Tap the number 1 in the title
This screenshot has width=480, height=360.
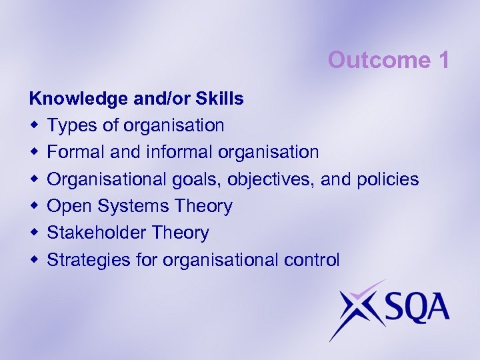tap(443, 60)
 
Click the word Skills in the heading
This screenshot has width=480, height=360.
tap(221, 99)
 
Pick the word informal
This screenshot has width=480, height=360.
tap(178, 152)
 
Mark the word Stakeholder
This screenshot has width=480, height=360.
tap(100, 233)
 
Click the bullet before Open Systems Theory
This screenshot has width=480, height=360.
tap(33, 207)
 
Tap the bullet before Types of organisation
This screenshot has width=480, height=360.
tap(33, 125)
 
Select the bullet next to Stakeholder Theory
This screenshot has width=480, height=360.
tap(33, 233)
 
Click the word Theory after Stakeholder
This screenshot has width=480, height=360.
tap(181, 233)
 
